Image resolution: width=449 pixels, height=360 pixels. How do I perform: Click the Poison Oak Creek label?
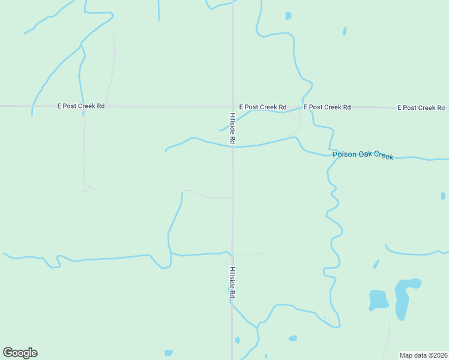tap(363, 155)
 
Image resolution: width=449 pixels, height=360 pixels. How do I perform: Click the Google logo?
tap(20, 353)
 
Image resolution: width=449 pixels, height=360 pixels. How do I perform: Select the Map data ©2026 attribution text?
tap(423, 355)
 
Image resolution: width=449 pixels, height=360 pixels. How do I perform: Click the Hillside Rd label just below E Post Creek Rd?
tap(232, 127)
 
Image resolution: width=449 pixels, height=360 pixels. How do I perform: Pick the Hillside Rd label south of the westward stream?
tap(232, 283)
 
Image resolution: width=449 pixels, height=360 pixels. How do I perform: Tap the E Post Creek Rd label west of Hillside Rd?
tap(80, 106)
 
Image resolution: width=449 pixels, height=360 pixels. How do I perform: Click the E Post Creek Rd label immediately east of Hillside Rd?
tap(262, 107)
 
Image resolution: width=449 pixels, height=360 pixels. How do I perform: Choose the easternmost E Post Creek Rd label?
tap(421, 107)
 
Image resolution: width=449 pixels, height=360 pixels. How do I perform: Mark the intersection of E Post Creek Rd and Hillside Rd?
tap(233, 107)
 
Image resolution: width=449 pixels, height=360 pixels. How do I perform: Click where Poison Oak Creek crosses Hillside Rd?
tap(233, 146)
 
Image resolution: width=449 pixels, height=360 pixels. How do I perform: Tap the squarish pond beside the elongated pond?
tap(378, 299)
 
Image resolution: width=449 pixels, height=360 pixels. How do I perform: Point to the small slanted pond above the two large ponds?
tap(376, 264)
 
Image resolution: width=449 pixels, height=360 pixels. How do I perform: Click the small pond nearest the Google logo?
tap(169, 353)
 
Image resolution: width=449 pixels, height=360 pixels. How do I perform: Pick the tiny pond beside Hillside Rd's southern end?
tap(238, 340)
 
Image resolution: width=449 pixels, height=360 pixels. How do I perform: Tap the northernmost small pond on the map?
tap(288, 16)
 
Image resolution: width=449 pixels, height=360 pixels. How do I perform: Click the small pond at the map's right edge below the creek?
tap(443, 196)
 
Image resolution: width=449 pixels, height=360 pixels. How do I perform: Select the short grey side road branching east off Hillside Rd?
tap(248, 254)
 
